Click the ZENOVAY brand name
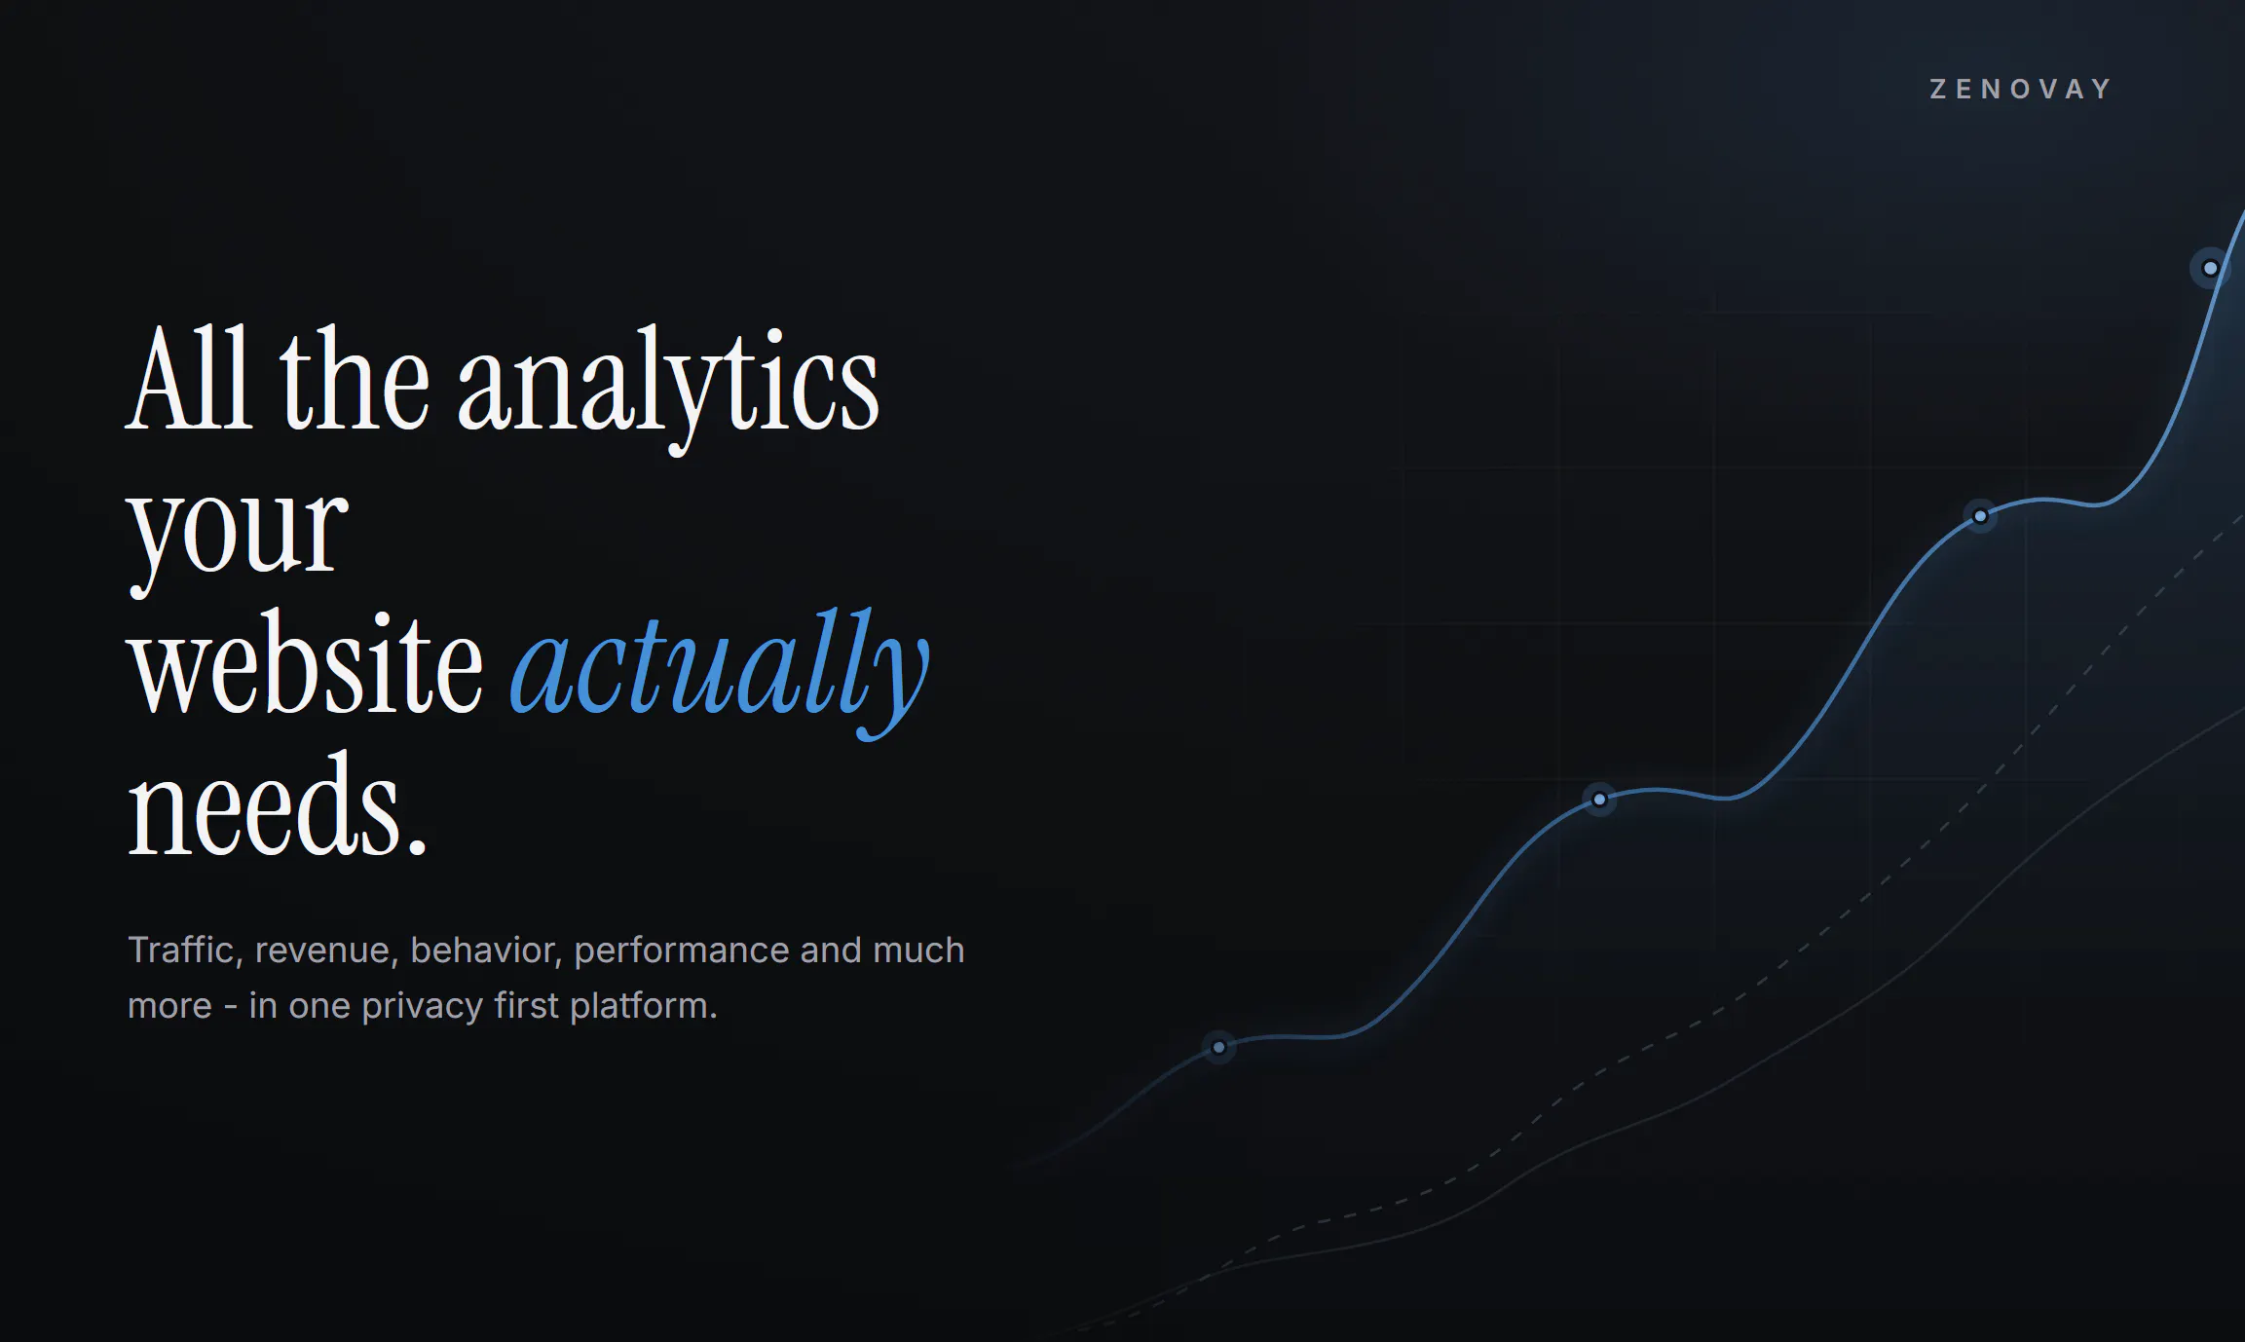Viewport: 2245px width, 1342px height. point(2020,90)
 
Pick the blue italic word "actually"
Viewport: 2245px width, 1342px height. point(720,672)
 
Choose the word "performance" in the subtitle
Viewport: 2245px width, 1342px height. point(682,951)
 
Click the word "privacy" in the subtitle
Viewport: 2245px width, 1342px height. point(423,1007)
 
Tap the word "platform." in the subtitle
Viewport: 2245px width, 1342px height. point(644,1006)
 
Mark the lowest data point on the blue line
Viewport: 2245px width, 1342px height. point(1218,1048)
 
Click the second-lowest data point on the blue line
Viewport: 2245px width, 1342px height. point(1599,800)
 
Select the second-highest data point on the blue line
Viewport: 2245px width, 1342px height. point(1980,516)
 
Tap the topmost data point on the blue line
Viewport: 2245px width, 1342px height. point(2210,268)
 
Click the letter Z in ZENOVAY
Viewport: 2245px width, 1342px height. point(1938,90)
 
